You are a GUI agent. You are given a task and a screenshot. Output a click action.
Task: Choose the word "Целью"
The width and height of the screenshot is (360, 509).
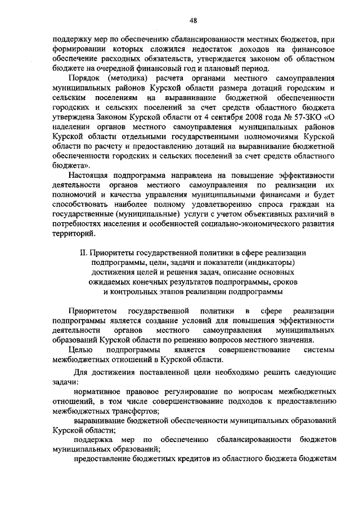80,352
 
